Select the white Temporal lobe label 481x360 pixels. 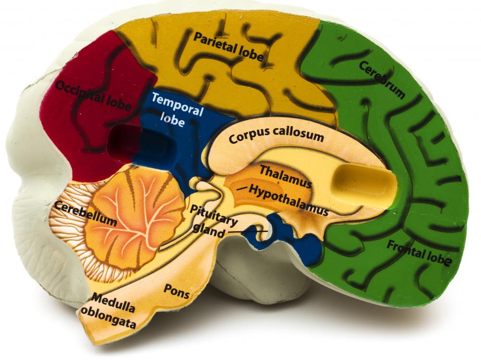coord(177,110)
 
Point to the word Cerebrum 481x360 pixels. coord(382,79)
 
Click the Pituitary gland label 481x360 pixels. coord(213,221)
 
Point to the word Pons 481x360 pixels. coord(177,291)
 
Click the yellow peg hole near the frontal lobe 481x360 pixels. coord(365,184)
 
